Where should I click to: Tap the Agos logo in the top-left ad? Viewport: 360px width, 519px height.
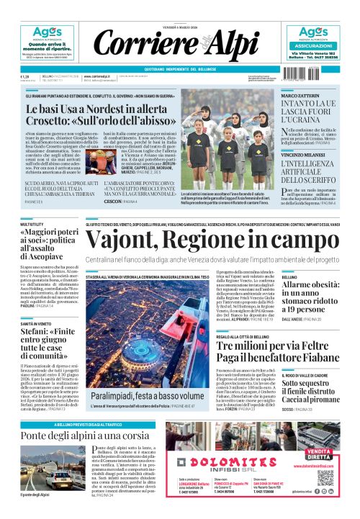(44, 32)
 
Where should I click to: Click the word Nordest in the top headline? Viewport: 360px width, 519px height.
(115, 109)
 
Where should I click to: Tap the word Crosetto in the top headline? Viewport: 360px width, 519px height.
(54, 123)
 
